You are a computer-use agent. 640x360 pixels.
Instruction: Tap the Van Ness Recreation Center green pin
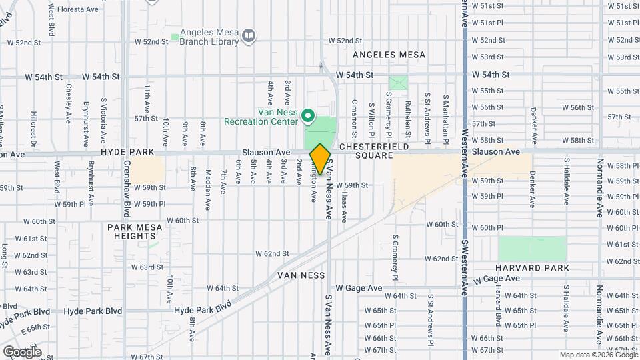coord(308,117)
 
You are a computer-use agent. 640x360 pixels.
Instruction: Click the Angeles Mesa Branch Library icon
coord(249,35)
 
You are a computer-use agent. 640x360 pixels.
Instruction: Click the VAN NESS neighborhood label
coord(302,275)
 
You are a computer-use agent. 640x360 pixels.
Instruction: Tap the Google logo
coord(22,352)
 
